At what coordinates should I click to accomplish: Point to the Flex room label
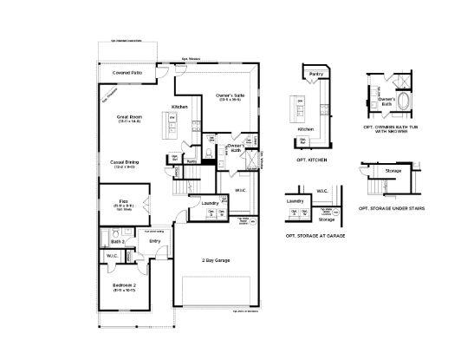124,201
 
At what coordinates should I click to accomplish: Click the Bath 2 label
118,240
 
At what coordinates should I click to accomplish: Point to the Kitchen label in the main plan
179,107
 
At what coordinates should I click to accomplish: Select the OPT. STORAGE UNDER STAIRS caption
388,209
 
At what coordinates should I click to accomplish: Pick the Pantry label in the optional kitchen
315,75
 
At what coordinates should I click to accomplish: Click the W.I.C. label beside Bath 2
112,256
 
